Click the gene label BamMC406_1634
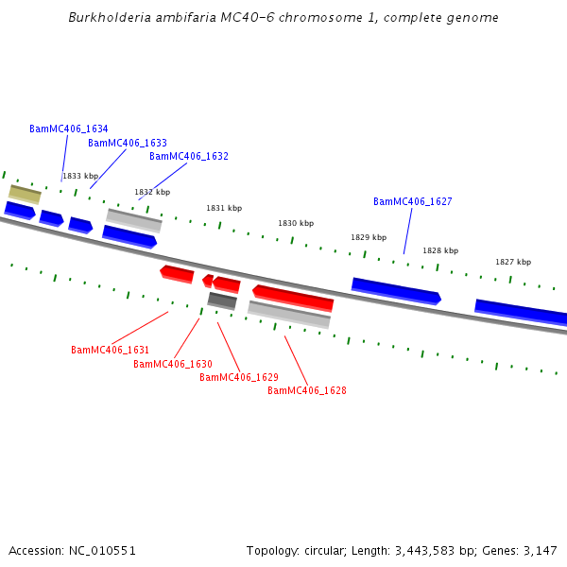pos(68,129)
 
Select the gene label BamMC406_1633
pos(128,143)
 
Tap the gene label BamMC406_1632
pos(189,156)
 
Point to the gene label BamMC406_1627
pos(412,201)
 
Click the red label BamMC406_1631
pos(110,350)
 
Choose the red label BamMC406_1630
pos(172,364)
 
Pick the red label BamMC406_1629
pos(238,377)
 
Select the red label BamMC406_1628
pos(306,390)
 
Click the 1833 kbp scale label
pos(80,176)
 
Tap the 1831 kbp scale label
pos(224,208)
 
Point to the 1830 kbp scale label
pos(295,223)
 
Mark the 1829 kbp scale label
pos(369,237)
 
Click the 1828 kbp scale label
pos(440,250)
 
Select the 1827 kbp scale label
pos(513,262)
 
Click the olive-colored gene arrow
pos(25,194)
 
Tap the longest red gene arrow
pos(293,297)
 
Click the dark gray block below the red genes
pos(222,301)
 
